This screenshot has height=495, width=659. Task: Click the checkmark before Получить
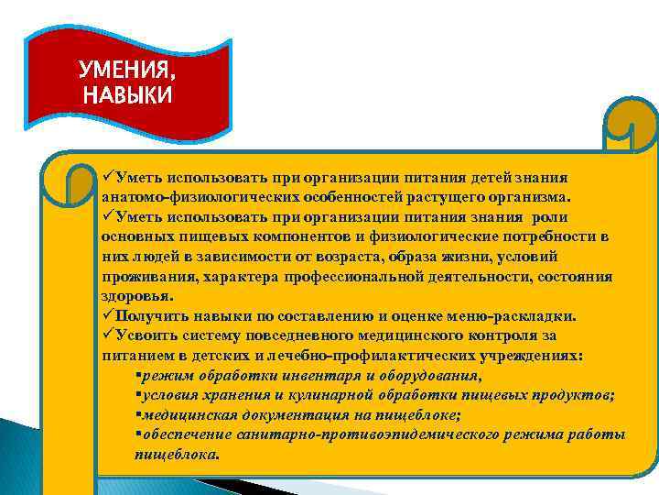(106, 315)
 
